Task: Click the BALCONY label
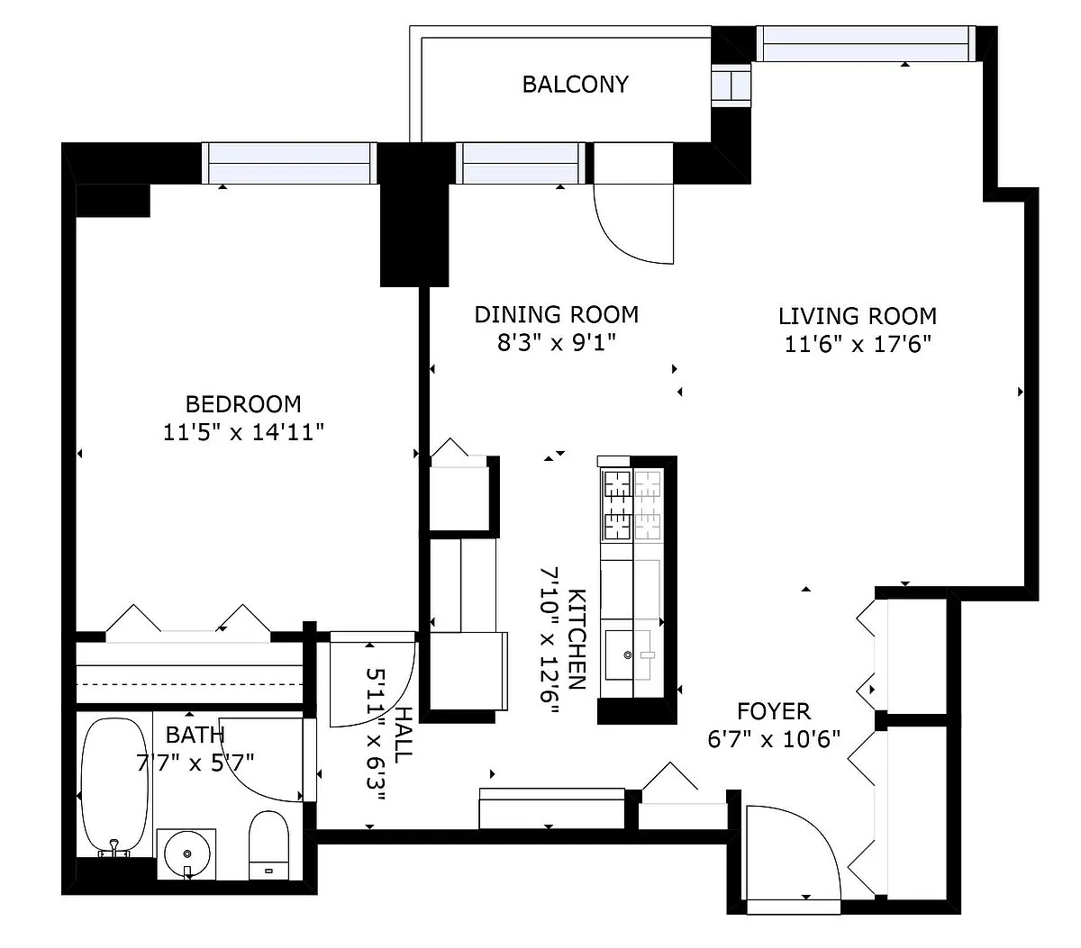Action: click(x=575, y=85)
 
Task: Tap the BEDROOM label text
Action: click(x=243, y=404)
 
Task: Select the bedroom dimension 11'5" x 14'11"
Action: click(x=243, y=432)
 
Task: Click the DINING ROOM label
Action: click(x=557, y=314)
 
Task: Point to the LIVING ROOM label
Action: click(x=858, y=316)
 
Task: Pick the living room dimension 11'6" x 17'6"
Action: click(x=858, y=345)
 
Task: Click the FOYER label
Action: click(x=774, y=711)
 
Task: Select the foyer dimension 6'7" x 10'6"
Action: click(x=774, y=739)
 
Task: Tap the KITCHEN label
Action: click(x=577, y=639)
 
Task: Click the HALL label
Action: click(x=404, y=735)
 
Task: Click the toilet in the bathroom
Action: click(x=269, y=845)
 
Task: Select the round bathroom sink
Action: click(x=186, y=853)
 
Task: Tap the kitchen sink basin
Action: click(x=628, y=655)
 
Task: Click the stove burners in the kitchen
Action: click(x=632, y=504)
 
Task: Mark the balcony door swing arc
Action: click(x=624, y=235)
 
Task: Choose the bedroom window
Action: click(x=289, y=163)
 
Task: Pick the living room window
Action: click(x=866, y=44)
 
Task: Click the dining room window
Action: click(x=521, y=163)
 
